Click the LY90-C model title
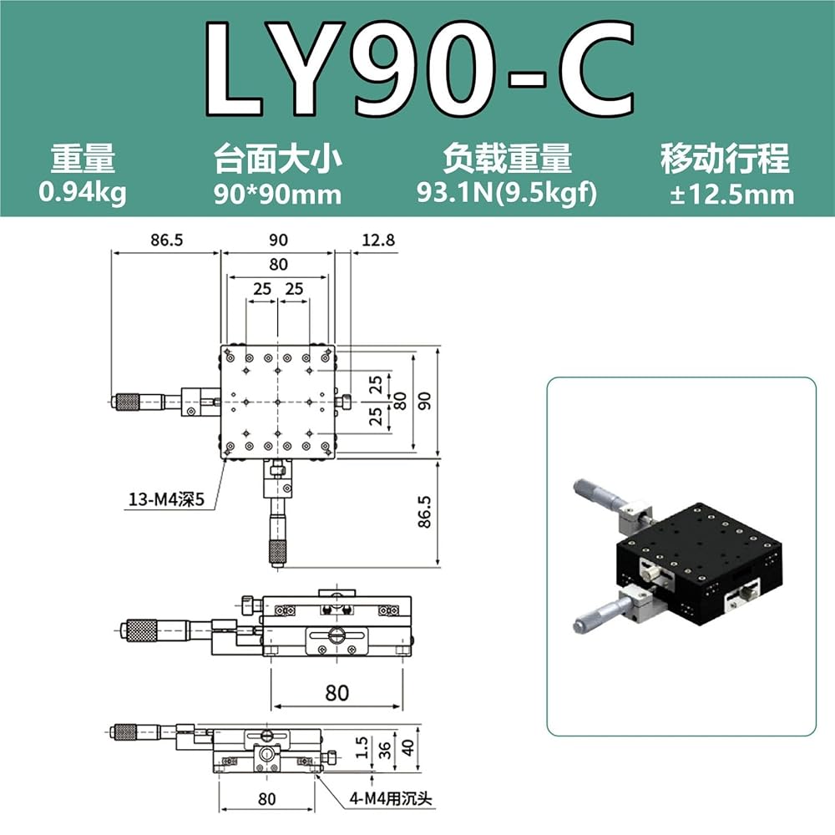point(419,68)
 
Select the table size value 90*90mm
point(277,194)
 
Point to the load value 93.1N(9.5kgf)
point(507,193)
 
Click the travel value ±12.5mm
point(731,195)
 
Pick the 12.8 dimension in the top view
point(378,240)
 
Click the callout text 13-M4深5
point(166,499)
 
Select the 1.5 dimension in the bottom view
point(362,747)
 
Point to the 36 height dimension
point(384,750)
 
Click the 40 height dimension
point(407,747)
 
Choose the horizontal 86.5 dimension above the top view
point(166,240)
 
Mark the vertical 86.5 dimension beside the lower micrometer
point(424,512)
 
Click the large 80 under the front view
point(337,693)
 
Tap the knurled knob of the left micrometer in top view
point(128,402)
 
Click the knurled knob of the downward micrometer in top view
point(277,552)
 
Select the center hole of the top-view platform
point(277,402)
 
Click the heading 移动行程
point(725,159)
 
